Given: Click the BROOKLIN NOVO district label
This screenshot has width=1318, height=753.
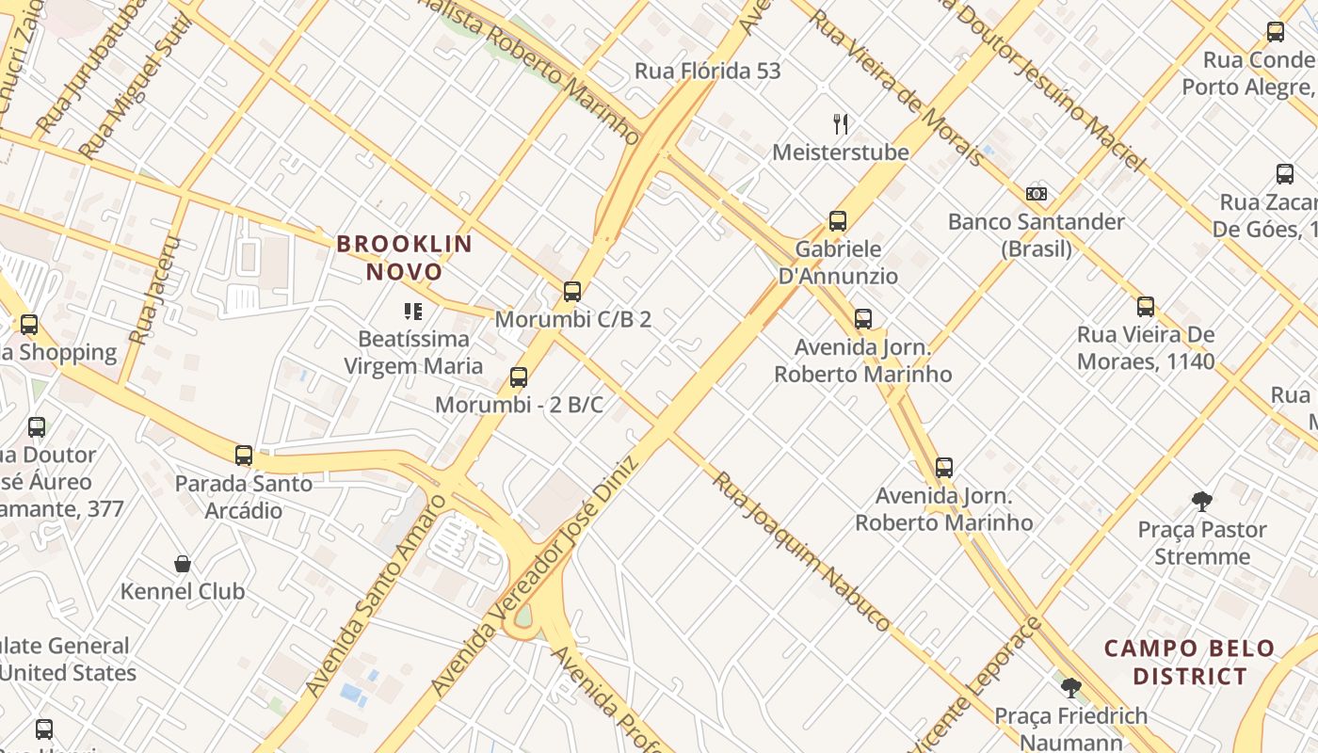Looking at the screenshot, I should click(405, 258).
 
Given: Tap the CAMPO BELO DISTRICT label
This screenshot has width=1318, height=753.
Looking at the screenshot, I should click(1189, 663).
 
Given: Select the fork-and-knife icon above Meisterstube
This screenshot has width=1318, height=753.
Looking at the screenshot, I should click(841, 123).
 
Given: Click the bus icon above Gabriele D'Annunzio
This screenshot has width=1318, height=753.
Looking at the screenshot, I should click(838, 221).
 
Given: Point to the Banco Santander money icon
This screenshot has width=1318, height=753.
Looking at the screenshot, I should click(1037, 194).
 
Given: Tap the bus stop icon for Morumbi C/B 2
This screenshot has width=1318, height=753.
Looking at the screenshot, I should click(572, 292).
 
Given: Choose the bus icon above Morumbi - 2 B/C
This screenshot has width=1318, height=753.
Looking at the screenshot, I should click(518, 377).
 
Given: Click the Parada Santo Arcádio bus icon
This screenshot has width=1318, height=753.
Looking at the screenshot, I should click(244, 456).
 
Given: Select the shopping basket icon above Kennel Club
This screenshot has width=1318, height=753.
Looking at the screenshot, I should click(183, 564).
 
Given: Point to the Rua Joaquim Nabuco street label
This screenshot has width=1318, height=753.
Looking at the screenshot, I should click(800, 551).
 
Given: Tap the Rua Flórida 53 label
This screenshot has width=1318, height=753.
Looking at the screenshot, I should click(707, 72).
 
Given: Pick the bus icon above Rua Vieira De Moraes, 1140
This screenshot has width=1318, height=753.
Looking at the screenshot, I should click(1146, 307).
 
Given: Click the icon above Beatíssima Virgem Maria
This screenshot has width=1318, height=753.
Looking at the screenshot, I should click(412, 311).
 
